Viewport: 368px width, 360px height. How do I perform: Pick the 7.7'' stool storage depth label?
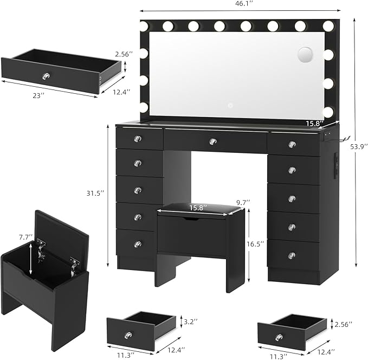click(24, 237)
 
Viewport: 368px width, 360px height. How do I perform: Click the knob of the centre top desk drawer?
click(213, 142)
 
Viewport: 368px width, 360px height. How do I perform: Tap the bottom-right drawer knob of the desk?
click(292, 255)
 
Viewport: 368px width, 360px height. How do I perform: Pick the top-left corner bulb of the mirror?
click(144, 25)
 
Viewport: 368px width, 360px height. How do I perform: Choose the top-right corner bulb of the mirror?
click(328, 25)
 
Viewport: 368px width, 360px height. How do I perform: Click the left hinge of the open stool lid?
click(41, 245)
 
